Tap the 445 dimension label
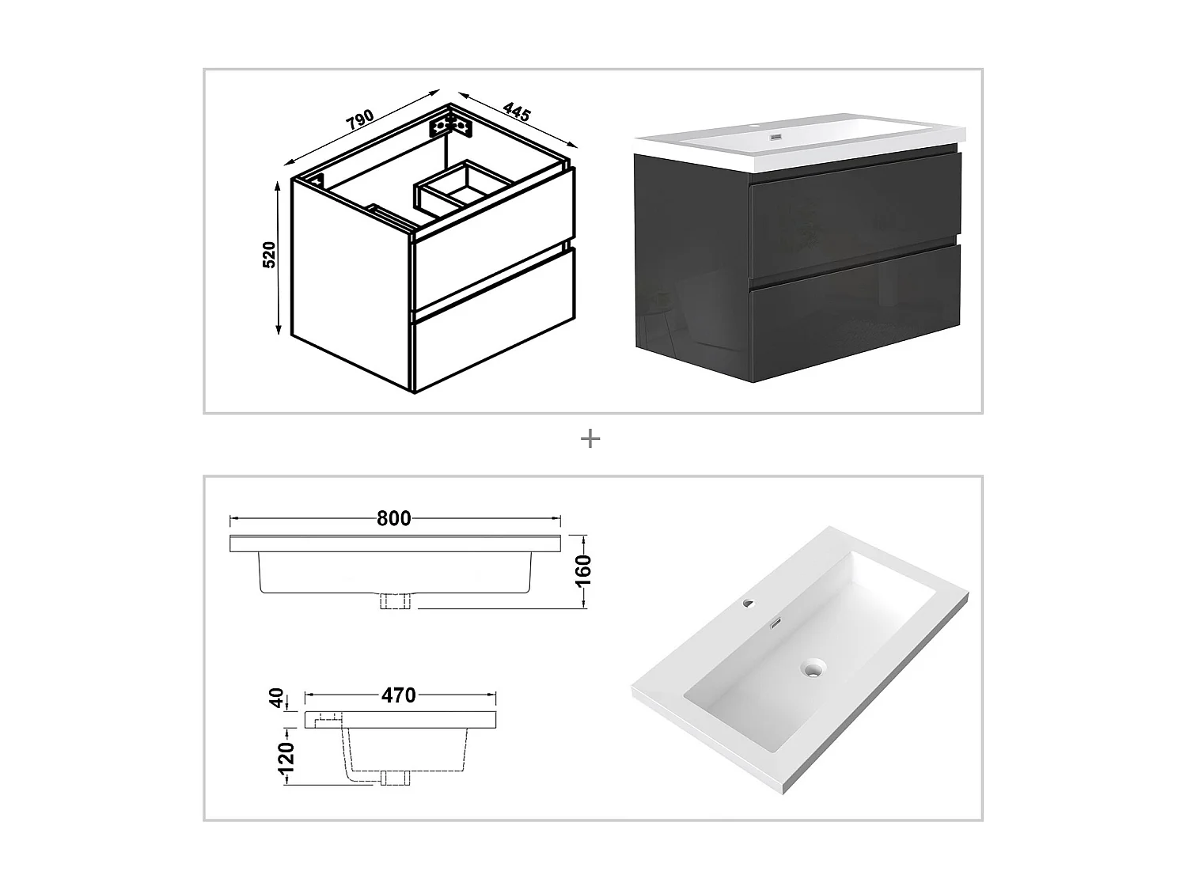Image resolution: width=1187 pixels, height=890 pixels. pyautogui.click(x=517, y=112)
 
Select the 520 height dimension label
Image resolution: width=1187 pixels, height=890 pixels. pyautogui.click(x=269, y=255)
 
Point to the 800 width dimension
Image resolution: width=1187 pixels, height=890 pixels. pyautogui.click(x=393, y=518)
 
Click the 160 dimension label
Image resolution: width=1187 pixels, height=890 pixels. pyautogui.click(x=583, y=570)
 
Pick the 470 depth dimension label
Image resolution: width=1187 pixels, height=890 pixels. pyautogui.click(x=399, y=695)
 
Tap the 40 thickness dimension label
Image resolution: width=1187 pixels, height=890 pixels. pyautogui.click(x=276, y=698)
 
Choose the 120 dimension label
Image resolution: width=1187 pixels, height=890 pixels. pyautogui.click(x=286, y=758)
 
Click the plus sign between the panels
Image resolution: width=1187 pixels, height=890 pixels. pyautogui.click(x=590, y=439)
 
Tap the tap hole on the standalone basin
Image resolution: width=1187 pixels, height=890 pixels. pyautogui.click(x=749, y=602)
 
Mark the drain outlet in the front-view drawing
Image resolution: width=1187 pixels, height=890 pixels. pyautogui.click(x=395, y=601)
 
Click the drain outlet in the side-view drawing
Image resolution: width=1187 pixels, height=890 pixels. pyautogui.click(x=396, y=778)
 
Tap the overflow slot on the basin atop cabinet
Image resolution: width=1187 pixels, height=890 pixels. pyautogui.click(x=776, y=137)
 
